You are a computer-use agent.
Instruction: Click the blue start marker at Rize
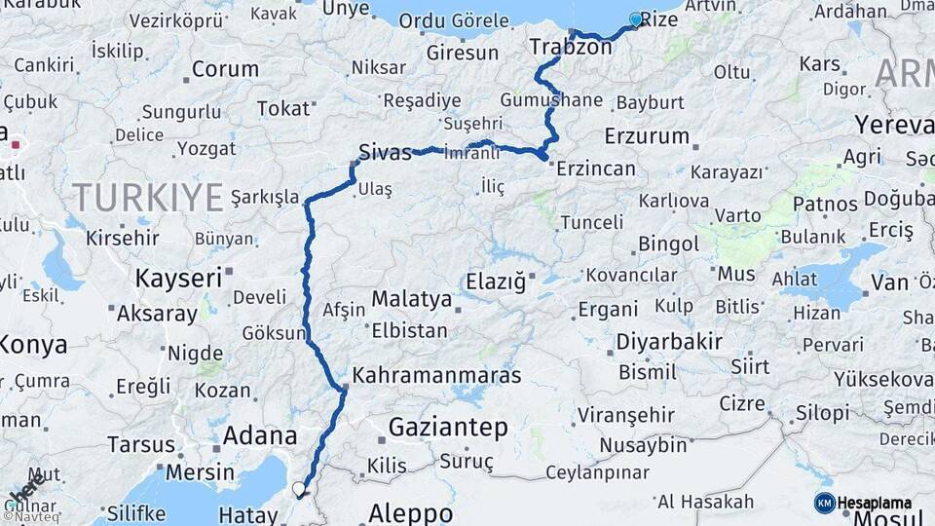pos(636,19)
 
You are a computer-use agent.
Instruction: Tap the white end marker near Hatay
pos(298,488)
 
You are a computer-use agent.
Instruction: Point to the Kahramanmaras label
pos(436,375)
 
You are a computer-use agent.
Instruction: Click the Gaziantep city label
pos(448,427)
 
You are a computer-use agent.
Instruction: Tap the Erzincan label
pos(596,169)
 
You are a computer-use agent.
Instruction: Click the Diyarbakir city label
pos(669,342)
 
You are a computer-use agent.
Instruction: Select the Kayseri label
pos(179,278)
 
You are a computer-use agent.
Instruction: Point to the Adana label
pos(260,435)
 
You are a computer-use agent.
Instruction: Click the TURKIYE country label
pos(148,197)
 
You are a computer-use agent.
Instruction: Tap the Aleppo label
pos(411,513)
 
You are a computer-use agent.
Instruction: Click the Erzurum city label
pos(647,135)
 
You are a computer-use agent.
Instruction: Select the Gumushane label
pos(551,100)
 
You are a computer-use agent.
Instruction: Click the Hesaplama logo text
pos(875,503)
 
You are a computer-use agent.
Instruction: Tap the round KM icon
pos(824,503)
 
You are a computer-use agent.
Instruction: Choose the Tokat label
pos(282,108)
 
